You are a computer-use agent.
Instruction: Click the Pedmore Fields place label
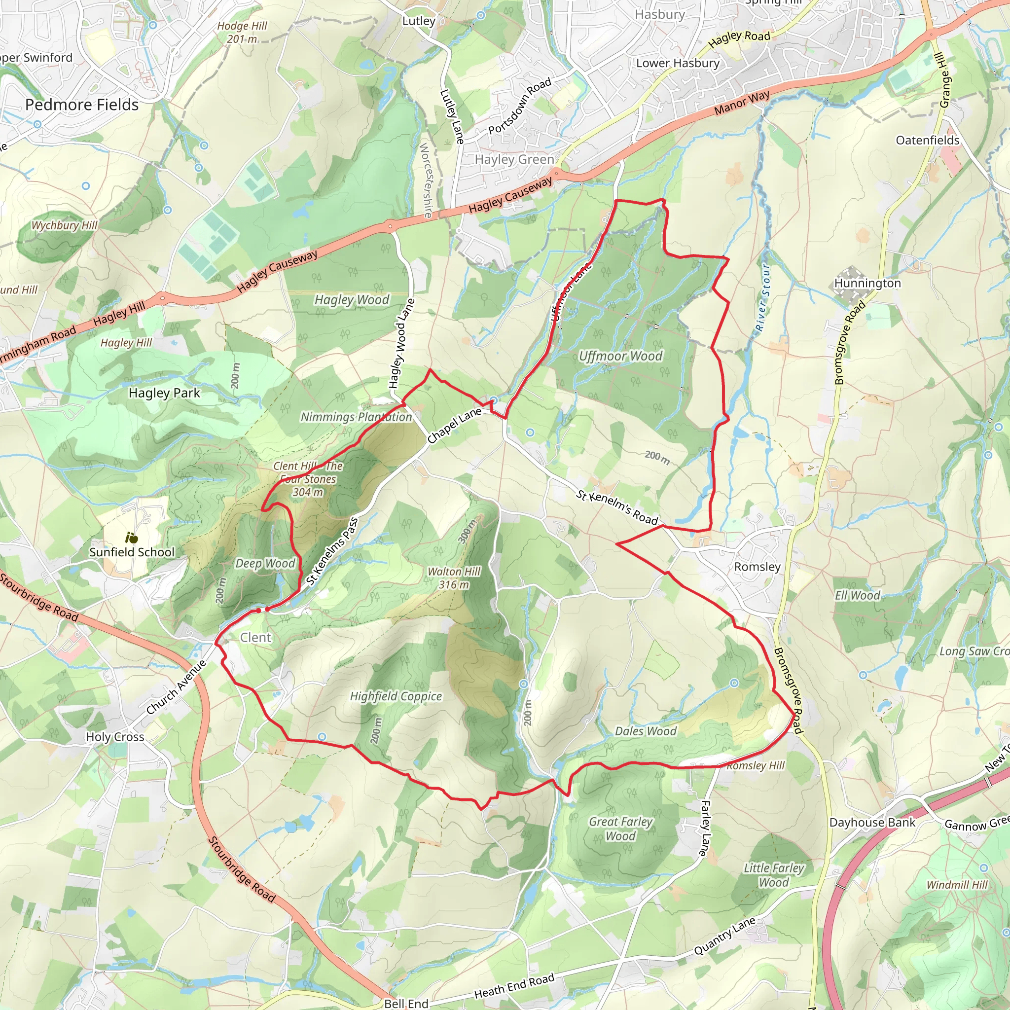pos(82,105)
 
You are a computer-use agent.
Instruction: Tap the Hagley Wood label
pos(352,299)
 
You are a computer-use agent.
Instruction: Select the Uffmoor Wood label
pos(620,356)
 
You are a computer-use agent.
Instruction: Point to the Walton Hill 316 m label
pos(454,577)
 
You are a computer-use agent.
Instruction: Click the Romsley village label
pos(757,567)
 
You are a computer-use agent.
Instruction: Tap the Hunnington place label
pos(867,284)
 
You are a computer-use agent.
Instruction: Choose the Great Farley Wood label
pos(620,829)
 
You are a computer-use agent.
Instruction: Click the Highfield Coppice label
pos(396,696)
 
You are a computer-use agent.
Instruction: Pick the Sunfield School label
pos(132,552)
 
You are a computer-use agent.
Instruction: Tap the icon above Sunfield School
pos(131,538)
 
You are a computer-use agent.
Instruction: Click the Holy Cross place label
pos(115,737)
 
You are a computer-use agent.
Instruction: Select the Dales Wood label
pos(646,731)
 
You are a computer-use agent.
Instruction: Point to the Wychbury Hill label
pos(64,225)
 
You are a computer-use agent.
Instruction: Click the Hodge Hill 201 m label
pos(242,33)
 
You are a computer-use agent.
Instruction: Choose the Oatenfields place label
pos(928,140)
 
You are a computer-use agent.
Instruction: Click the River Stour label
pos(763,298)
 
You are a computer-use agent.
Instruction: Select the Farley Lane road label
pos(706,829)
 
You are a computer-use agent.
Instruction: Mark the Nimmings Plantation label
pos(356,417)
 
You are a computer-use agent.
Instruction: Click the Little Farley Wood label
pos(774,875)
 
